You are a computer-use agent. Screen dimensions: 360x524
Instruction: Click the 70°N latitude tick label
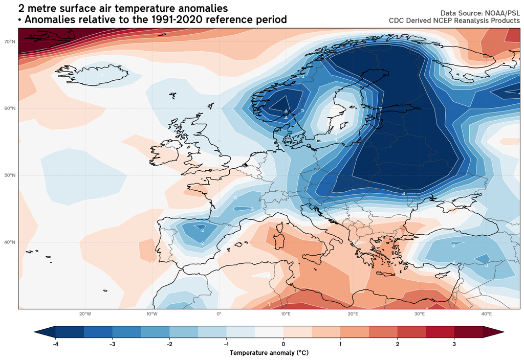(9, 41)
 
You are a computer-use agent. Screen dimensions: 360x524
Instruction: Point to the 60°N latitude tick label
(9, 108)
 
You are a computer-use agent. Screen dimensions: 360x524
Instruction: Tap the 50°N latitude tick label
(9, 175)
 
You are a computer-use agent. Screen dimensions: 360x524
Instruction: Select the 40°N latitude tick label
(9, 242)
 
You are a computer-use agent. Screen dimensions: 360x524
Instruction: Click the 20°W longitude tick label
(85, 313)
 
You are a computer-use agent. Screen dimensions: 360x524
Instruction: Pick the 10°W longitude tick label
(152, 313)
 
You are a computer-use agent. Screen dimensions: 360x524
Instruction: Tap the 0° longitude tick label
(219, 313)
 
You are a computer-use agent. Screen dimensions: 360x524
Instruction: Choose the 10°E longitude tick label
(286, 313)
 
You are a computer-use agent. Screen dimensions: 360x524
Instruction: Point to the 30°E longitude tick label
(420, 313)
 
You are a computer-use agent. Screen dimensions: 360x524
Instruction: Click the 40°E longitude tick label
(486, 313)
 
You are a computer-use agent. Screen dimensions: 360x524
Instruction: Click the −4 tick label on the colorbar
(55, 345)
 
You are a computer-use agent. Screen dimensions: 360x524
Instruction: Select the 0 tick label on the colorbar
(283, 345)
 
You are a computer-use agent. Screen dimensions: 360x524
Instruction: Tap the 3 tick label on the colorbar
(454, 345)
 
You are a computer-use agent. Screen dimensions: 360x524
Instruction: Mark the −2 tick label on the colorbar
(169, 345)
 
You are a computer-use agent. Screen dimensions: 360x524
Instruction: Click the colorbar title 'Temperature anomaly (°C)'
(269, 353)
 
